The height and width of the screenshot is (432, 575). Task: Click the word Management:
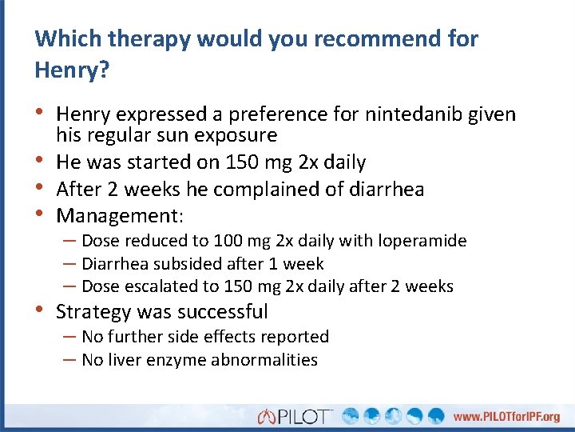pos(121,216)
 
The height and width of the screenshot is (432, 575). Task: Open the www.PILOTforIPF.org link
pos(506,417)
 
